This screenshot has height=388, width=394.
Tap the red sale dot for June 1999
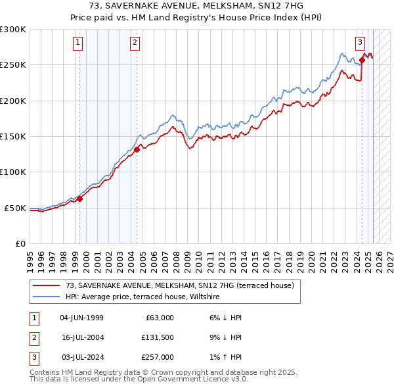point(79,199)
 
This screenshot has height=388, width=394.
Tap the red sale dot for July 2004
point(137,149)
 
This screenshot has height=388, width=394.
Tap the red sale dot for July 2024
point(362,61)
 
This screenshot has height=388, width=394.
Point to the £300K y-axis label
point(13,30)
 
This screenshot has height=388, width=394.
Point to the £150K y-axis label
point(13,137)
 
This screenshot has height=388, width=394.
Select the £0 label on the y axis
point(20,244)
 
